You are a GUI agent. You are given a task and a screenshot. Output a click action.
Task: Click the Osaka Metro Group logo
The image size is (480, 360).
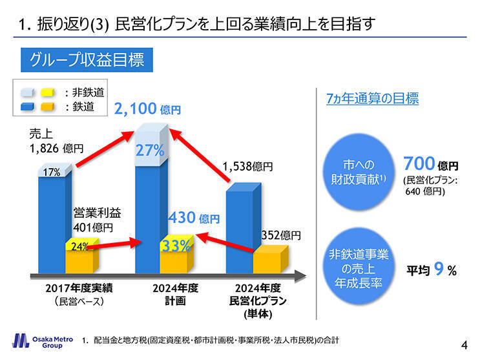(x=39, y=341)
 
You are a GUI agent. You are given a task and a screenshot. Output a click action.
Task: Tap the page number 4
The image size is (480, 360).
(x=464, y=343)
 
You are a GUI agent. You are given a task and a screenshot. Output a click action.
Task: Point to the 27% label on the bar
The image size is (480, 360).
(x=150, y=151)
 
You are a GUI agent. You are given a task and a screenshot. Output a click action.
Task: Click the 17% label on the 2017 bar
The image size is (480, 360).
(x=52, y=173)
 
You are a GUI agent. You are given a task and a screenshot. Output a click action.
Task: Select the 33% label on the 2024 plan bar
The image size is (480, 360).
(x=176, y=246)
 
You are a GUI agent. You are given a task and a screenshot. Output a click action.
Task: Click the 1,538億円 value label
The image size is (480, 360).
(x=247, y=166)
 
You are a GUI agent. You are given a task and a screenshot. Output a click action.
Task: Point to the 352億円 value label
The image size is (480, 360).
(x=280, y=235)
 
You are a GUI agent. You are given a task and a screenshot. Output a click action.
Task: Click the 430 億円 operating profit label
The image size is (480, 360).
(x=194, y=219)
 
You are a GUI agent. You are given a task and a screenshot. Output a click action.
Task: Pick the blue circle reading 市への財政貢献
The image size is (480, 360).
(x=357, y=171)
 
